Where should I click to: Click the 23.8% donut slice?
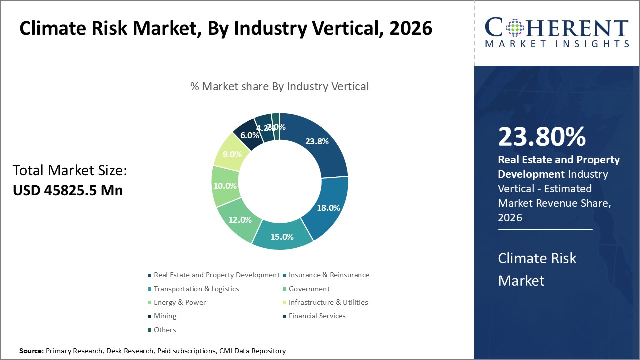(x=317, y=141)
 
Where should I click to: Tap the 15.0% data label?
(x=282, y=237)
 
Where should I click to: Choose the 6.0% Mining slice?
(x=249, y=135)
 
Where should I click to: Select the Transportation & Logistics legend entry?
(x=196, y=289)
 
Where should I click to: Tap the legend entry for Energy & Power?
(x=180, y=302)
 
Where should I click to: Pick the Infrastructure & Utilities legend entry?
(x=328, y=302)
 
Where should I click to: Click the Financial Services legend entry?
(x=317, y=316)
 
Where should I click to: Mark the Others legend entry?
(x=165, y=330)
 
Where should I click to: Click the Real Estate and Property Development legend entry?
(x=216, y=275)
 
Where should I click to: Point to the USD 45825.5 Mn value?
(x=68, y=190)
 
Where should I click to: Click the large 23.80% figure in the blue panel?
(x=542, y=137)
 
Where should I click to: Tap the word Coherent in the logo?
(x=556, y=28)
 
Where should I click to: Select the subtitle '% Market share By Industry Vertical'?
(x=279, y=86)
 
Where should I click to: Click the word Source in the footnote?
(x=31, y=351)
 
